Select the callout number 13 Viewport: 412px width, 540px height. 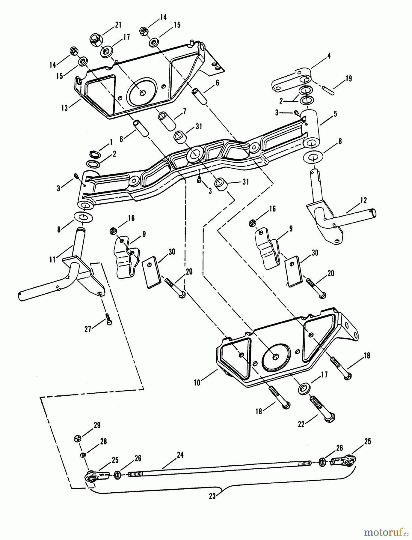(x=64, y=108)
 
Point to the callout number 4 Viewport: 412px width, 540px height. (x=329, y=56)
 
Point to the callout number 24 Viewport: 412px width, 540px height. (x=180, y=455)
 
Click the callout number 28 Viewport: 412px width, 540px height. (x=103, y=442)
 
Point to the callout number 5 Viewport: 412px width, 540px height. (x=335, y=114)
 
